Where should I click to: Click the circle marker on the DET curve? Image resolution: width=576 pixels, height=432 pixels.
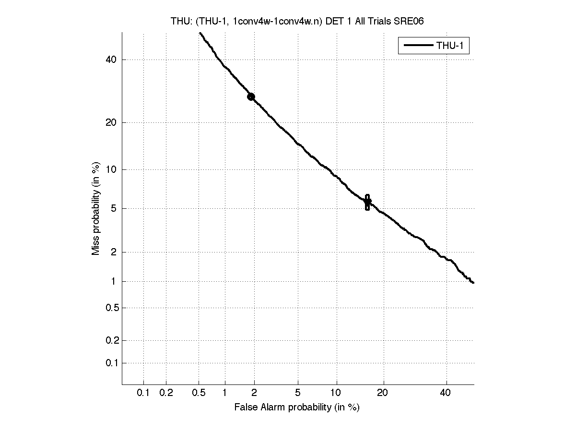251,97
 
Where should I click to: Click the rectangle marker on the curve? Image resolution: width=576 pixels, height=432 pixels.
367,202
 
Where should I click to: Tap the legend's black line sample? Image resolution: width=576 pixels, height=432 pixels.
417,46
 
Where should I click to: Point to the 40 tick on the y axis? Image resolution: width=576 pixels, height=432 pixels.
111,60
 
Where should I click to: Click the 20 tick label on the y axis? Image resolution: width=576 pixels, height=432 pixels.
111,122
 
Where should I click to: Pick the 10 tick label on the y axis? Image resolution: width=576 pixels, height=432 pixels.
111,169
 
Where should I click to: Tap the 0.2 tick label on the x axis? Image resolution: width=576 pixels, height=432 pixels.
166,393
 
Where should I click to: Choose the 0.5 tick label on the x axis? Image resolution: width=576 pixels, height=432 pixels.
199,393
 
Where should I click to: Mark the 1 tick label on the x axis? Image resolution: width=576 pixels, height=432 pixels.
225,393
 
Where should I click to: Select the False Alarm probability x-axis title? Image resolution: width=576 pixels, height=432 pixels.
297,408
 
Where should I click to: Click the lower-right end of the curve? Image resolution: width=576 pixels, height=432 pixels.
473,283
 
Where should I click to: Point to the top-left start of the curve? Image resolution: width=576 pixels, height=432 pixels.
200,33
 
